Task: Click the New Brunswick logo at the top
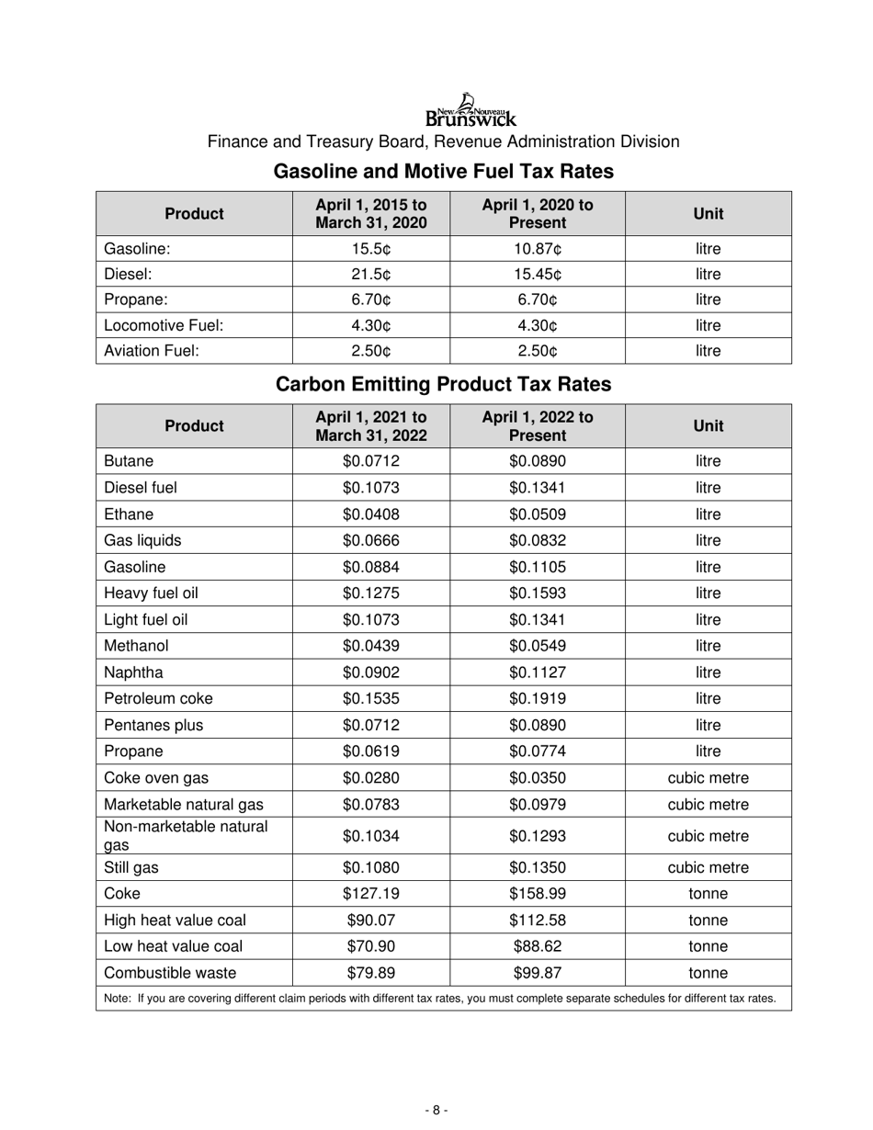[471, 110]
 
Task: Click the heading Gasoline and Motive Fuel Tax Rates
[444, 172]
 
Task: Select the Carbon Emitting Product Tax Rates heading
[444, 384]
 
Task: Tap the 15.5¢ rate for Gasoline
[371, 249]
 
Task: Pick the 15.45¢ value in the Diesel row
[538, 274]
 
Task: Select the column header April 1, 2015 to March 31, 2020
[371, 213]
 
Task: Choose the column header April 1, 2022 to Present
[538, 425]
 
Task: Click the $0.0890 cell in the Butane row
[538, 461]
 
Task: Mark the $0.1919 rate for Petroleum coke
[538, 698]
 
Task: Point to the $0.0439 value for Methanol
[371, 646]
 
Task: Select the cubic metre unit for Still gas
[708, 867]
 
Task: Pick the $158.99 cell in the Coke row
[538, 894]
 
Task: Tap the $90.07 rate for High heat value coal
[371, 921]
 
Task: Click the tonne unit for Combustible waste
[708, 973]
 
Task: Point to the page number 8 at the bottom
[436, 1110]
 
